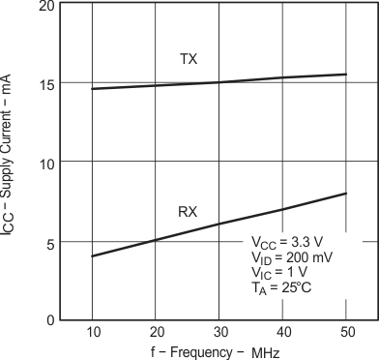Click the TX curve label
click(x=189, y=59)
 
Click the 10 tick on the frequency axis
click(x=92, y=332)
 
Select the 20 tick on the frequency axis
click(x=155, y=332)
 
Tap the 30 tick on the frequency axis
click(x=219, y=332)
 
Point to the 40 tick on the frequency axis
click(x=281, y=332)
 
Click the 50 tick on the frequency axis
click(x=344, y=332)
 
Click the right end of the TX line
click(x=345, y=75)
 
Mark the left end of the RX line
click(x=92, y=256)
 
